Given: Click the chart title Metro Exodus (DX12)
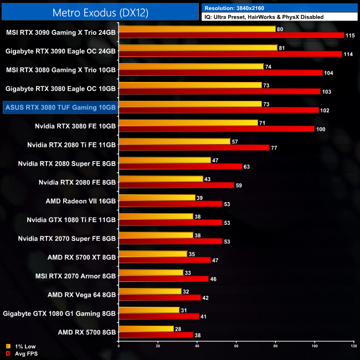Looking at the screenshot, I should point(100,12).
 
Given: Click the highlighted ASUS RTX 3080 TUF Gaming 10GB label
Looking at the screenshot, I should point(60,107).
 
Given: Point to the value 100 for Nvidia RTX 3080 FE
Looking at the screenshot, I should point(321,129).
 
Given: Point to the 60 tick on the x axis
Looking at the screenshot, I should point(236,347).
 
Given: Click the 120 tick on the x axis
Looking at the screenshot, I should point(353,347).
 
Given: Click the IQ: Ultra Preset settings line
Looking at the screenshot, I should point(264,17).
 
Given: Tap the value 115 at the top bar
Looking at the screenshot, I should point(349,35).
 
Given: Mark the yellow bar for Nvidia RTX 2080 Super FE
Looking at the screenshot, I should point(164,160).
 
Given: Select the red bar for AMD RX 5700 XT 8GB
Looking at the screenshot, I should point(164,260).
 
